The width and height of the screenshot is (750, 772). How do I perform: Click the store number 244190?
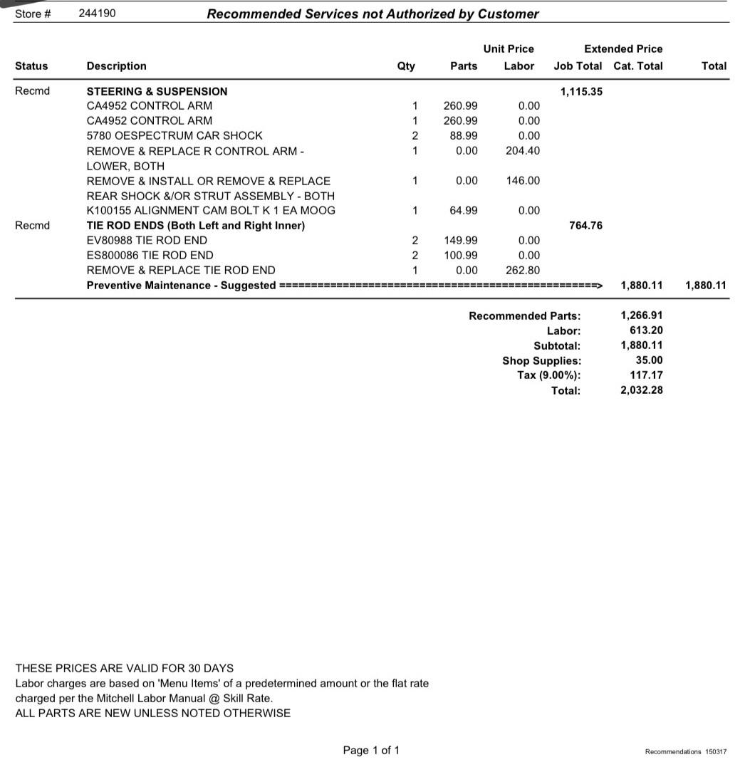97,14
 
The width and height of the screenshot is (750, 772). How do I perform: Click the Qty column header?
406,66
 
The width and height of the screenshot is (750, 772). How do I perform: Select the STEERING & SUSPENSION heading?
157,91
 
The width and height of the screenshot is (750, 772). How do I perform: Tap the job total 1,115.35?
581,91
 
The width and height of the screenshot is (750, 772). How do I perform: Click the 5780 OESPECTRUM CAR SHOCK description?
174,135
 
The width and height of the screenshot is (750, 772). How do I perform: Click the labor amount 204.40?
523,150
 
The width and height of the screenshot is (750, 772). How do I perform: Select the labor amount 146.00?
523,180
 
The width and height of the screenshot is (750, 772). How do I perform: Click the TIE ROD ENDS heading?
195,225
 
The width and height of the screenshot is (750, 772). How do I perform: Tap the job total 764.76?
585,225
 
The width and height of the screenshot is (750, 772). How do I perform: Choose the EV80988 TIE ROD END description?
147,240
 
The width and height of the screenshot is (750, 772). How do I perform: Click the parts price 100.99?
460,255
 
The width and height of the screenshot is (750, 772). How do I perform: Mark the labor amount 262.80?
523,270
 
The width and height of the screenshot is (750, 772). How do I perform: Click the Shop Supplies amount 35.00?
649,360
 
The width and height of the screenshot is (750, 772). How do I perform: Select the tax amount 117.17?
646,375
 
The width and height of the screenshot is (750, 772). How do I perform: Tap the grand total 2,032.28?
641,390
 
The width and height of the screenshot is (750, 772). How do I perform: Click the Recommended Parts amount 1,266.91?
641,315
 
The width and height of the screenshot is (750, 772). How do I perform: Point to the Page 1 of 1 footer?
371,750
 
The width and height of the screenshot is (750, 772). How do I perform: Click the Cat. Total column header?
637,66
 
